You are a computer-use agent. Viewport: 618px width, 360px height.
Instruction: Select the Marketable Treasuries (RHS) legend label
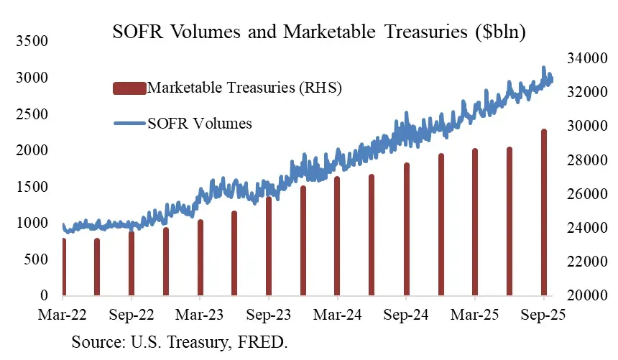(243, 88)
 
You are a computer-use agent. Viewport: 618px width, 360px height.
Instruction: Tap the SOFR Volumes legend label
(199, 123)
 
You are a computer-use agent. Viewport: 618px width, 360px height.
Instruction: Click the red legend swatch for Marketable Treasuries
(129, 88)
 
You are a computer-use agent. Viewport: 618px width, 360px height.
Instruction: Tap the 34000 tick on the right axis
(584, 58)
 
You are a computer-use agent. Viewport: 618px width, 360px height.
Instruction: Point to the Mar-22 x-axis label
(63, 315)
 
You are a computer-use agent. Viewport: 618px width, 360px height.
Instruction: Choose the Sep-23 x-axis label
(268, 315)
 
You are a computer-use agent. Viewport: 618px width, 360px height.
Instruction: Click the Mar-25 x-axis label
(474, 315)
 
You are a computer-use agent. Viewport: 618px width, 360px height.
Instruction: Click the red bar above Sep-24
(406, 230)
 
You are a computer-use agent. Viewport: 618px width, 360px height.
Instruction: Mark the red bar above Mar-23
(200, 258)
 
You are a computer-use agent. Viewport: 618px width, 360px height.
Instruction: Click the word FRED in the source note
(267, 341)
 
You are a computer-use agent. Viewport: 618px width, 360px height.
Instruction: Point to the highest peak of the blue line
(543, 68)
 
